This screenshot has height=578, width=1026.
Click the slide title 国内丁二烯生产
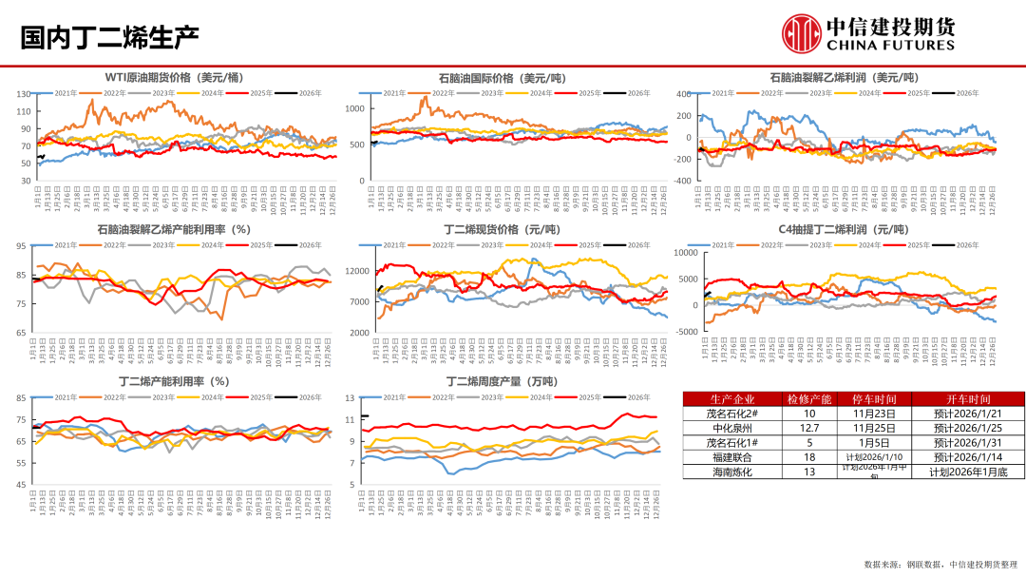tap(109, 37)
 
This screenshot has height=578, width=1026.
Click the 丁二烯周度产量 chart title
tap(502, 381)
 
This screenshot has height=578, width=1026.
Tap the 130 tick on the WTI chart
tap(23, 93)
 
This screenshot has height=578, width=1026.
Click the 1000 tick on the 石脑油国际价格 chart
tap(354, 109)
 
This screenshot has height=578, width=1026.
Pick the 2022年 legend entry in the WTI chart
tap(115, 93)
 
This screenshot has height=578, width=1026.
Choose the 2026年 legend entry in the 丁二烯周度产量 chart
tap(638, 397)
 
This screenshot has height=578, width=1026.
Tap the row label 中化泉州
tap(731, 428)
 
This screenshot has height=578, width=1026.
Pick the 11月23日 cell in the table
tap(873, 414)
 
